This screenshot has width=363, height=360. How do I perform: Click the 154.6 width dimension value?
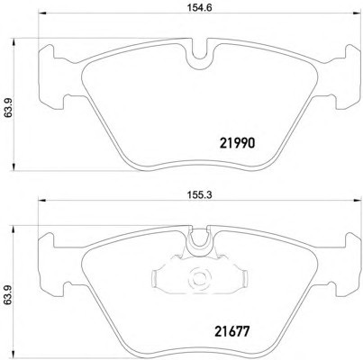[200, 8]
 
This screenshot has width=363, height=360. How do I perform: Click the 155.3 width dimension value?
[200, 195]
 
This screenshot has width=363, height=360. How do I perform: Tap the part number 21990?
[238, 143]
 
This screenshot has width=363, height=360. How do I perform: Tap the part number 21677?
[232, 331]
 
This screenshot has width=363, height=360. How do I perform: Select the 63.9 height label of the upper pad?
[8, 104]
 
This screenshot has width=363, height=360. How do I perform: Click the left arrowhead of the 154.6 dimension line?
[41, 13]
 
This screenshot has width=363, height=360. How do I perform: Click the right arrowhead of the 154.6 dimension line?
[358, 13]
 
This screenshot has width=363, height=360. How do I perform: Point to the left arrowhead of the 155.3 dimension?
[41, 200]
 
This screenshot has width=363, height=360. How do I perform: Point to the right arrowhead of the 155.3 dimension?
[358, 200]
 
